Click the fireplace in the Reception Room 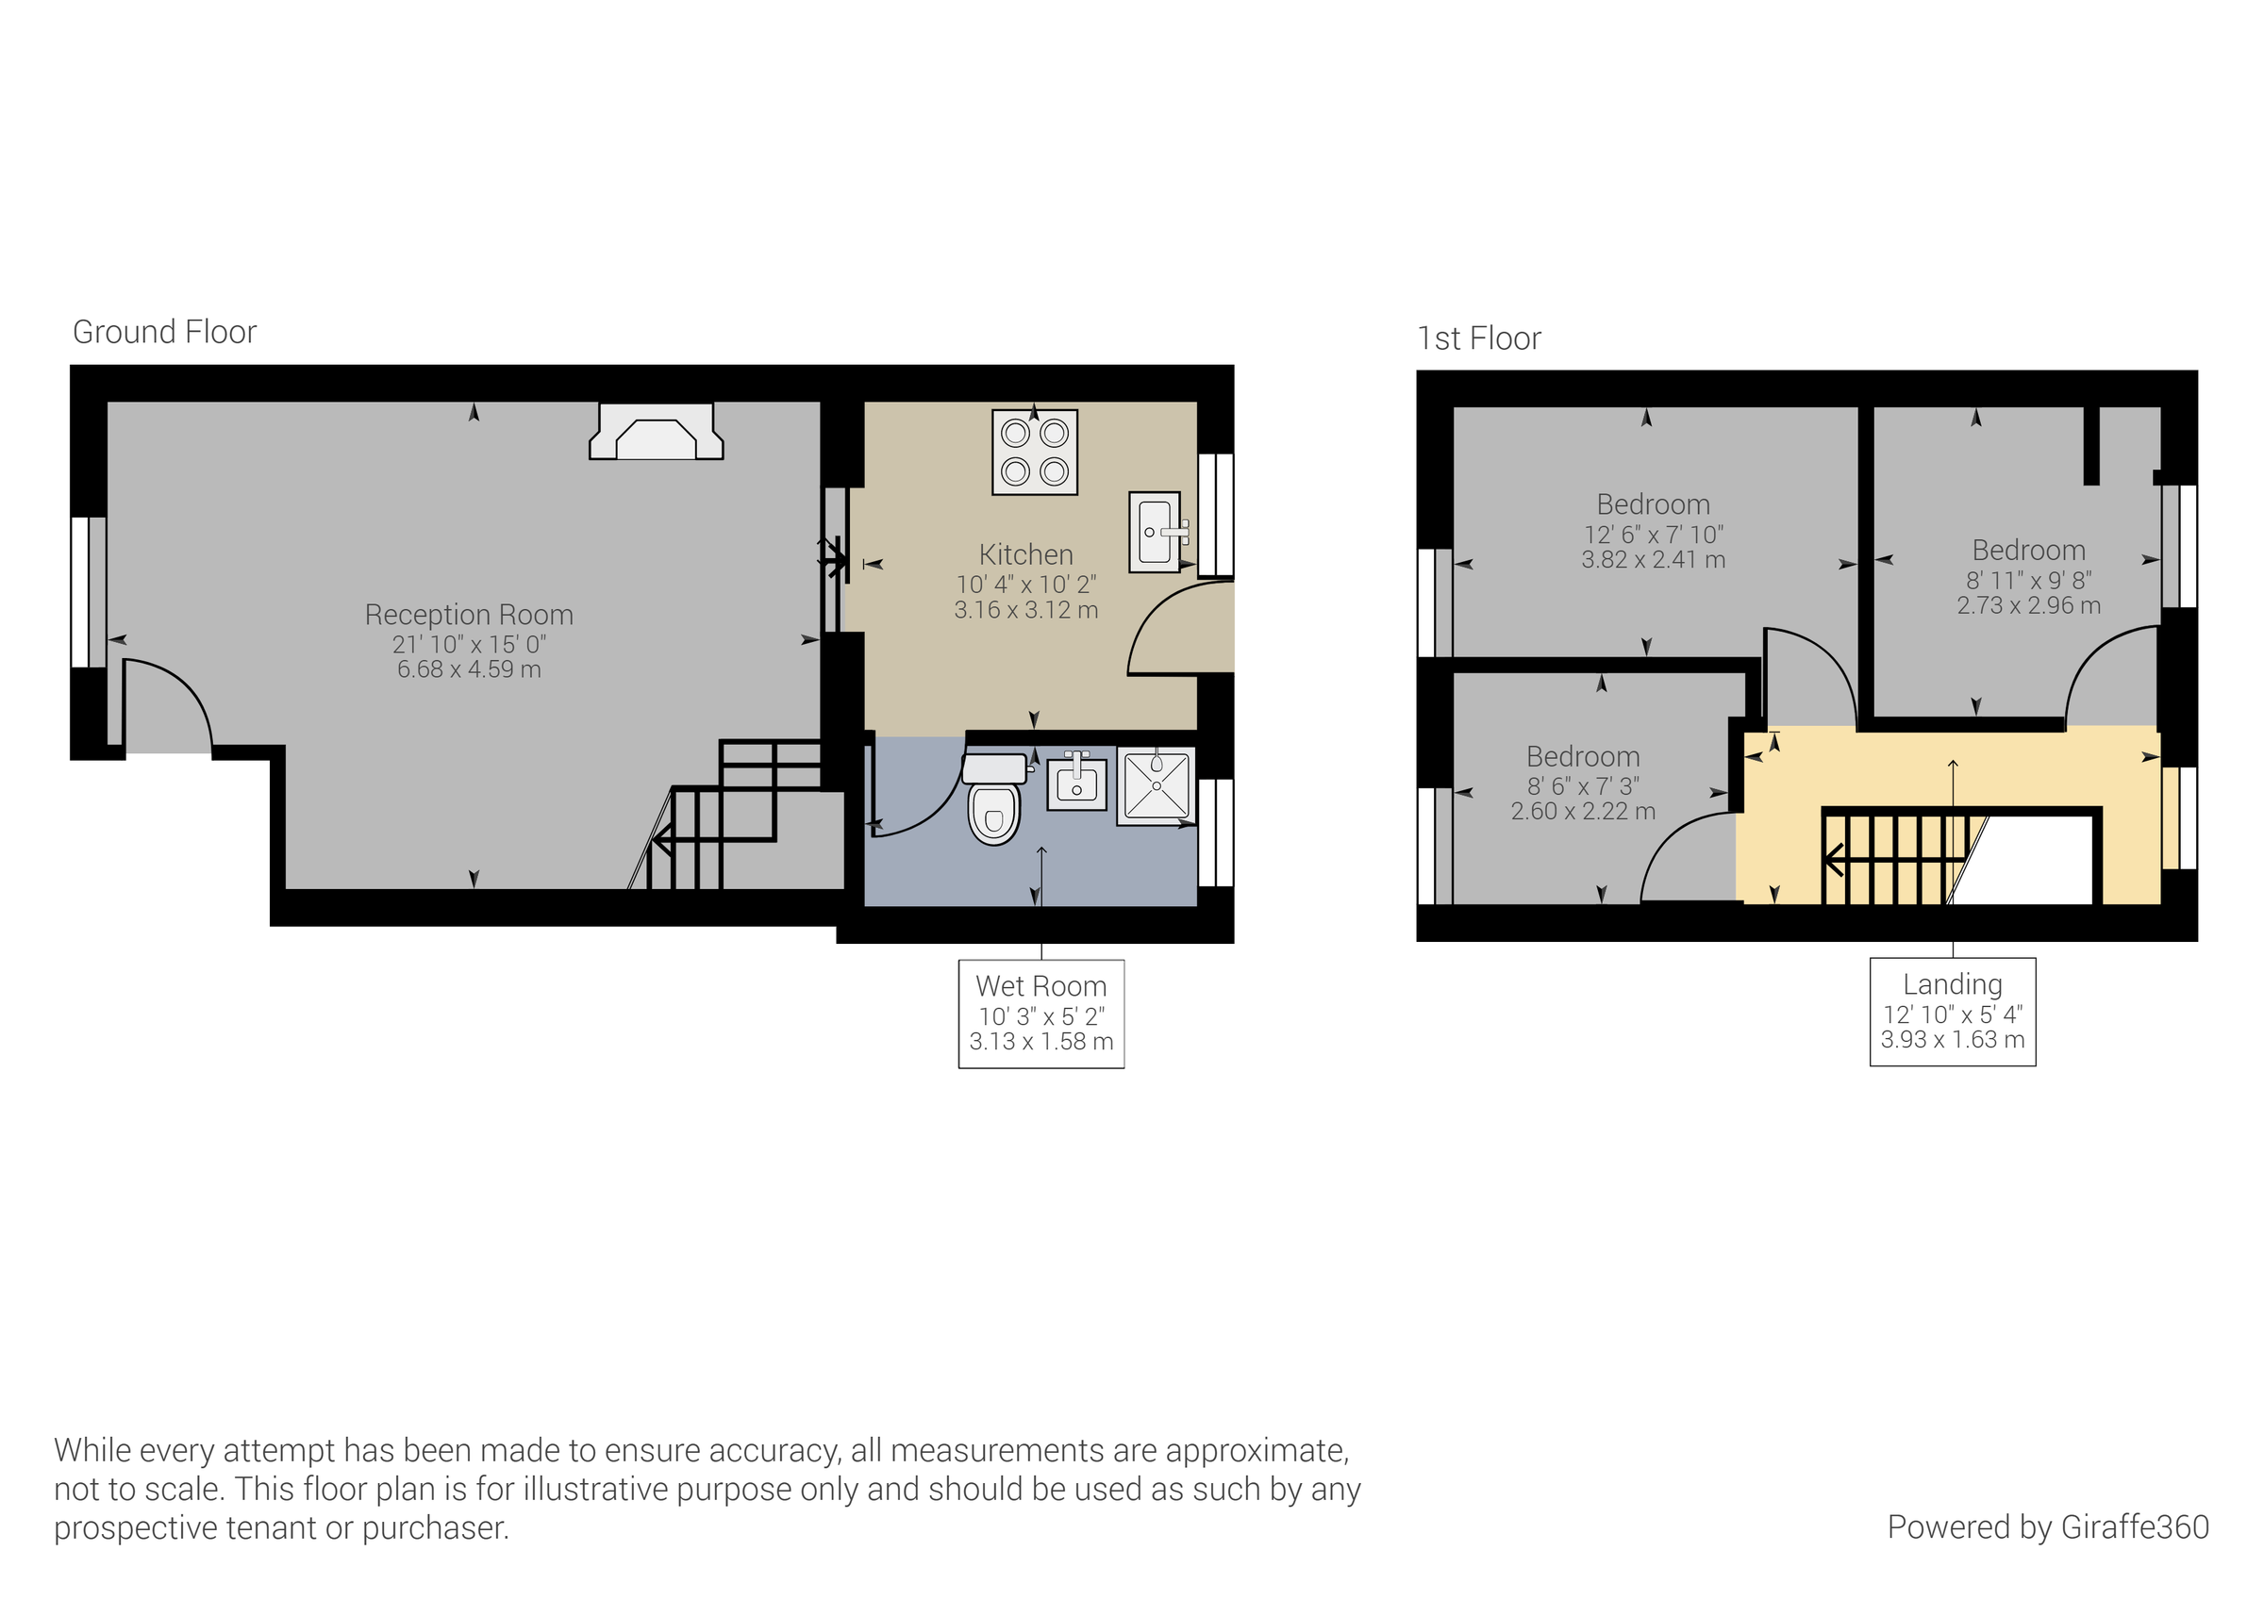pyautogui.click(x=656, y=435)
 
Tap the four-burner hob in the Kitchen pyautogui.click(x=1035, y=453)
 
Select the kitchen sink pyautogui.click(x=1155, y=532)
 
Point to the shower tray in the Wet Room pyautogui.click(x=1156, y=785)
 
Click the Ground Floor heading pyautogui.click(x=165, y=332)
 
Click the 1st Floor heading pyautogui.click(x=1478, y=339)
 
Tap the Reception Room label pyautogui.click(x=469, y=615)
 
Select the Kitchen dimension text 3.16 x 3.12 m pyautogui.click(x=1025, y=610)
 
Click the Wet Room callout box pyautogui.click(x=1041, y=1014)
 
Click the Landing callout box pyautogui.click(x=1952, y=1012)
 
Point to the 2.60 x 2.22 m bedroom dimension pyautogui.click(x=1583, y=812)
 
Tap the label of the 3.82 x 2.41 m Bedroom pyautogui.click(x=1653, y=504)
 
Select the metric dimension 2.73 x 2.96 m pyautogui.click(x=2028, y=605)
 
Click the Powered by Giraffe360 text pyautogui.click(x=2047, y=1527)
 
